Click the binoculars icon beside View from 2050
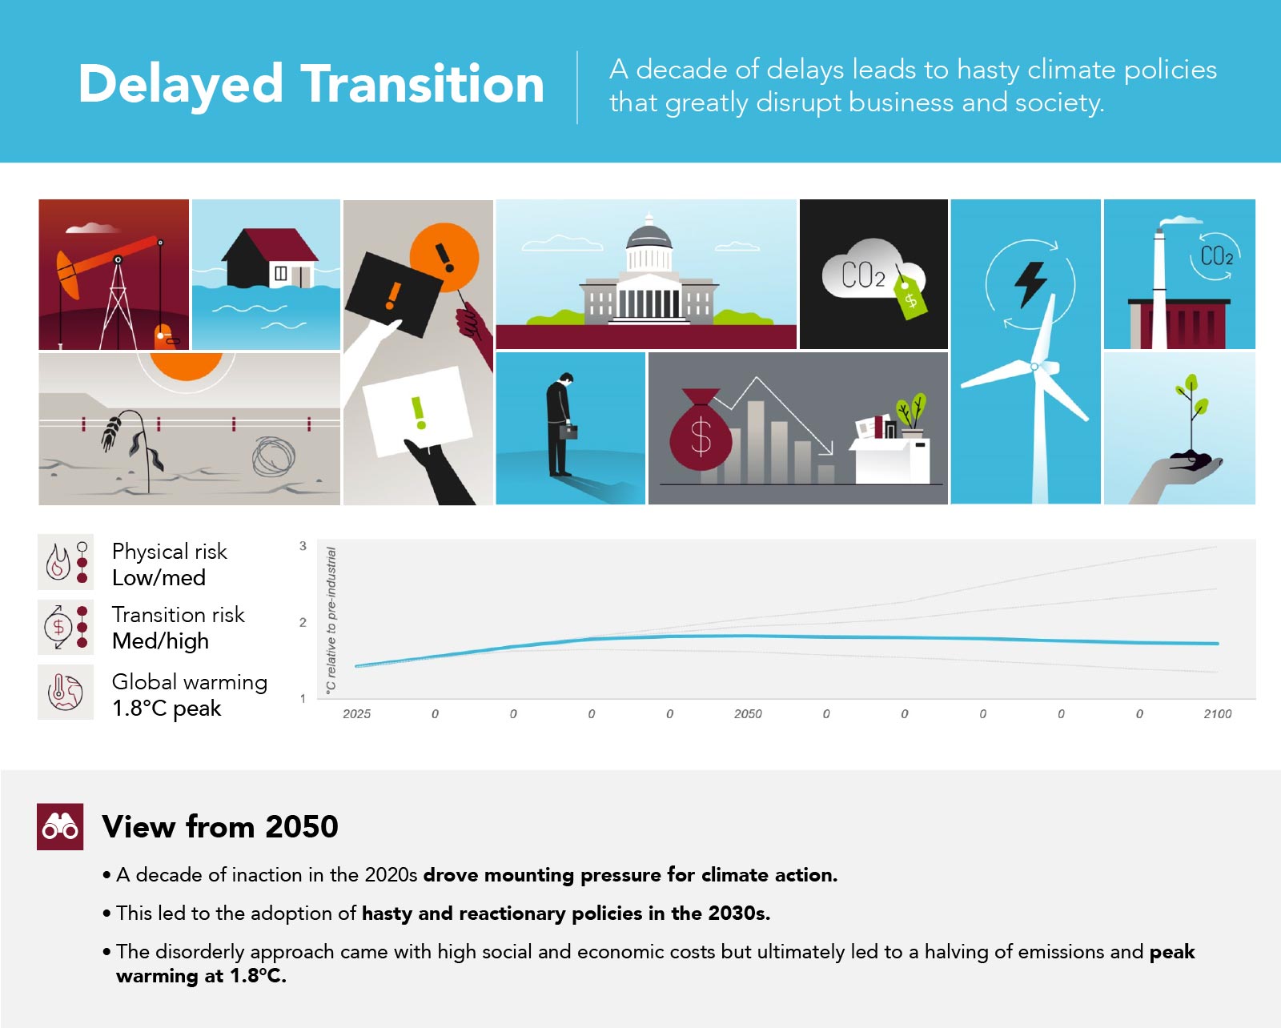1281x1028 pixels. click(60, 826)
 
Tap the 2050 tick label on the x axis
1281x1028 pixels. click(748, 713)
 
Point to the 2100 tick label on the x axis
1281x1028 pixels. click(1217, 713)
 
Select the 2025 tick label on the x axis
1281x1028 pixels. click(356, 713)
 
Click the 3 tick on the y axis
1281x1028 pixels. click(303, 546)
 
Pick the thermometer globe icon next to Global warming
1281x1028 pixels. click(65, 693)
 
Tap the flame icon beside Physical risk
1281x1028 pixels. click(58, 561)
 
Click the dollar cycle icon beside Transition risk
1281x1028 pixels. click(58, 627)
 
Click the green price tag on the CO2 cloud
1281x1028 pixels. click(911, 296)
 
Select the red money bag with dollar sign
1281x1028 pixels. click(701, 429)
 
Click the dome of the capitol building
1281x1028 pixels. click(649, 234)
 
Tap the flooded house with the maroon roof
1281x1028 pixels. click(270, 258)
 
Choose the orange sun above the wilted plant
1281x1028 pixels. click(187, 366)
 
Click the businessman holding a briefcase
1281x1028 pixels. click(561, 424)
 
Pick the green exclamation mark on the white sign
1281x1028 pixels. click(419, 412)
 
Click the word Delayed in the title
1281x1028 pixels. click(180, 85)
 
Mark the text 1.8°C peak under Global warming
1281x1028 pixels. click(167, 709)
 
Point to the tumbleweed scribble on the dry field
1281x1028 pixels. click(273, 456)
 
